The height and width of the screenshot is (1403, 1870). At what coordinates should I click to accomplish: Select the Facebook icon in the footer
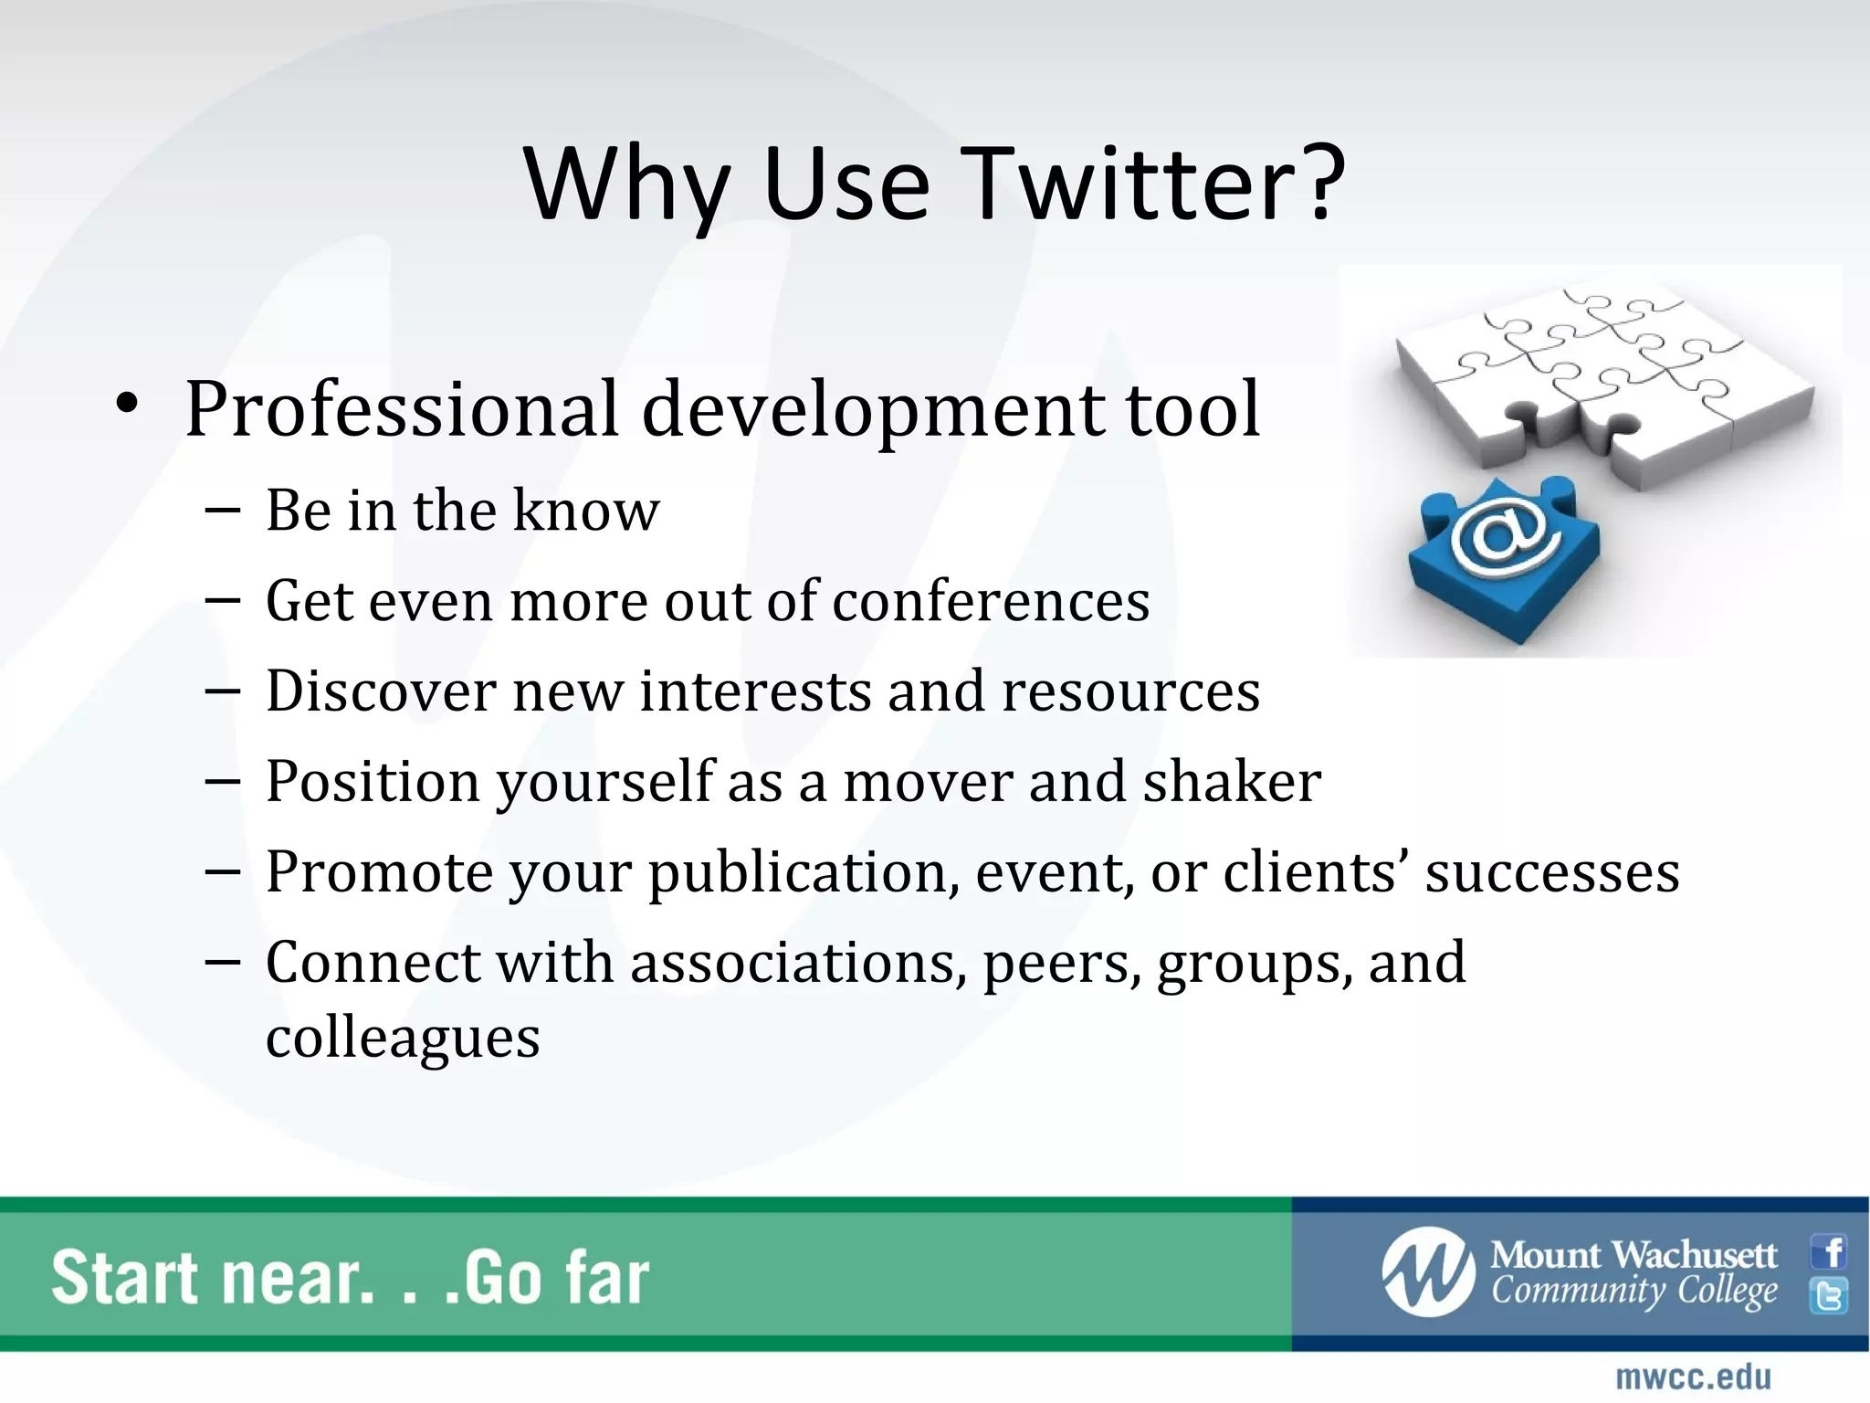[x=1829, y=1251]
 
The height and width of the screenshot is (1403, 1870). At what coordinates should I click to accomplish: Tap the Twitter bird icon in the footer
[x=1829, y=1296]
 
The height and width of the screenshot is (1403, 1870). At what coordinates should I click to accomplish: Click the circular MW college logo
[x=1427, y=1271]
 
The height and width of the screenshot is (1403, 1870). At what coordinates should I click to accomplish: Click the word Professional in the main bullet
[x=402, y=408]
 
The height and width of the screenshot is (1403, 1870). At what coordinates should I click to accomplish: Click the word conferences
[x=990, y=602]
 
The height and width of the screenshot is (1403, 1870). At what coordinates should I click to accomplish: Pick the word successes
[x=1551, y=872]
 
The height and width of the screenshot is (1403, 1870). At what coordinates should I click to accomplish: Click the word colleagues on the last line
[x=403, y=1038]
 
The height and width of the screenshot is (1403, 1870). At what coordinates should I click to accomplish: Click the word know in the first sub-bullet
[x=585, y=511]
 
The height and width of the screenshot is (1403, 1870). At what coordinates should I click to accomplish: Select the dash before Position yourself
[x=223, y=781]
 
